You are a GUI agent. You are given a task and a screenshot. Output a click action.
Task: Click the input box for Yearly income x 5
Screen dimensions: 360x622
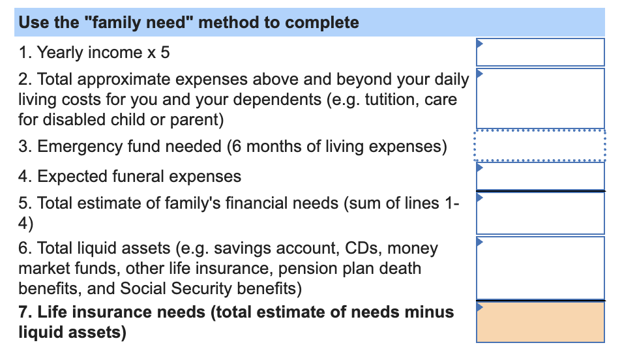tap(540, 52)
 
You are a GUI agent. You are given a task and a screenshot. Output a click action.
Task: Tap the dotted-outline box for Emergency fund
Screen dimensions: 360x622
tap(540, 146)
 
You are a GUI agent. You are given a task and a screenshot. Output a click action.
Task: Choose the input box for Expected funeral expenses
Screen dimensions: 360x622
tap(540, 176)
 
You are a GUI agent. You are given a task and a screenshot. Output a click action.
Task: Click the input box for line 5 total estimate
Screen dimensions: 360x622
tap(540, 213)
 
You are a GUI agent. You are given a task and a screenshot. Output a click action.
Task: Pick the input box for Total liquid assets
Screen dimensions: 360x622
tap(540, 267)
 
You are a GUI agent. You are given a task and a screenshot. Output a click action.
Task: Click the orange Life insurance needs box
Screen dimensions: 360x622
tap(540, 322)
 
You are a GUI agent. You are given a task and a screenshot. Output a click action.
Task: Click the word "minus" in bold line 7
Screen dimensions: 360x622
tap(427, 312)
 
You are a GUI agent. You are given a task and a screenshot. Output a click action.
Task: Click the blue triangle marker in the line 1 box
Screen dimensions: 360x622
tap(480, 44)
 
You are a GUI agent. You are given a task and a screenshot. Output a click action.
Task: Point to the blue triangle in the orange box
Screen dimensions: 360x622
tap(480, 307)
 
